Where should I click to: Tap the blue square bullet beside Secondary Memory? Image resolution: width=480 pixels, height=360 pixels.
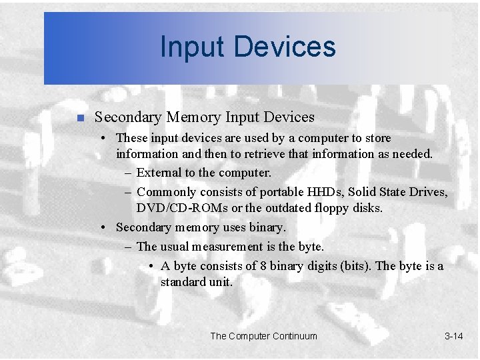pos(79,118)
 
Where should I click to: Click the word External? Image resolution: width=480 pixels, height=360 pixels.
pos(159,173)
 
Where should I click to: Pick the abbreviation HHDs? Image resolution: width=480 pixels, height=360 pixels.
pos(323,192)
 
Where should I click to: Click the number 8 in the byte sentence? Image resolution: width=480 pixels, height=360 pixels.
pos(264,266)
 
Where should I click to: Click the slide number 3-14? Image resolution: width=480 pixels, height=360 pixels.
pos(453,336)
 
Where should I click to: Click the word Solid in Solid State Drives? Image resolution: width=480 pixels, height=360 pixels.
pos(361,192)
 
